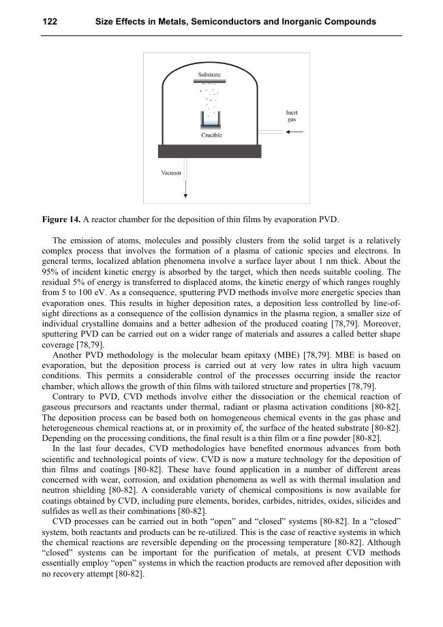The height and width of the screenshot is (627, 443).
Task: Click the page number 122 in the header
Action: (x=50, y=22)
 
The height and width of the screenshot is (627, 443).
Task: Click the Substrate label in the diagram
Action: (x=209, y=74)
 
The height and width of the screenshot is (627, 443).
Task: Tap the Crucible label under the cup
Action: (x=211, y=135)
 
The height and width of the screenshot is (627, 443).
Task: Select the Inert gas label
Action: (x=291, y=116)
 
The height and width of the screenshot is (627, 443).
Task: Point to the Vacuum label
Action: (x=170, y=173)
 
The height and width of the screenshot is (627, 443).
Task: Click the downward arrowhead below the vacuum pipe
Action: (x=185, y=196)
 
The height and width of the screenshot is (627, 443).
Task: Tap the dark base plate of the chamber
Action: (x=209, y=151)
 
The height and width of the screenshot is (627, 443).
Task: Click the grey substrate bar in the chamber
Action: (x=209, y=81)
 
